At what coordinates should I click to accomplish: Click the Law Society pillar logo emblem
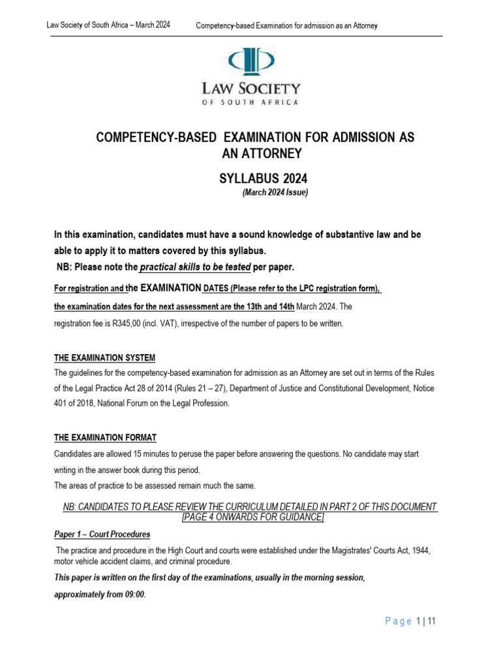click(x=250, y=61)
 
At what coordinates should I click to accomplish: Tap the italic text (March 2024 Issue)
click(x=275, y=192)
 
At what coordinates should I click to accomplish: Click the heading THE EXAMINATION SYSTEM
click(x=105, y=357)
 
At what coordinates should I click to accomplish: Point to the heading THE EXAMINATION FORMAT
click(x=105, y=437)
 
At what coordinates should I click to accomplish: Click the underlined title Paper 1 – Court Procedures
click(x=102, y=534)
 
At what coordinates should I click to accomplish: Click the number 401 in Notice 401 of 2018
click(x=63, y=403)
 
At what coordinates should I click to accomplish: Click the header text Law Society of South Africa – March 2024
click(x=108, y=25)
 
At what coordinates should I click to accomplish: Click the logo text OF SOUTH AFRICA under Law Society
click(x=250, y=102)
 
